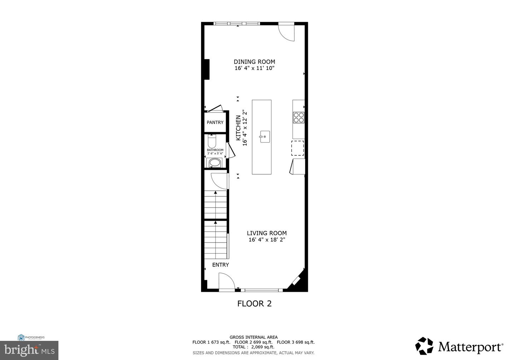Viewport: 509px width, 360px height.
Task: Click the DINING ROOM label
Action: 254,62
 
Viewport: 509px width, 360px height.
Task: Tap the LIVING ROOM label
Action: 267,233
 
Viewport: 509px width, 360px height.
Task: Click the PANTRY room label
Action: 215,122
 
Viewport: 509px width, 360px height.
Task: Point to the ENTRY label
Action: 221,265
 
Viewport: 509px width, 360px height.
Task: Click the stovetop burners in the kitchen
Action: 299,117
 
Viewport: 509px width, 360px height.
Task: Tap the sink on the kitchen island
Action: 265,137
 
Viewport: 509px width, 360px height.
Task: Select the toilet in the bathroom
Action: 212,141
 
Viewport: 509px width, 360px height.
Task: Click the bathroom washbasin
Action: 215,163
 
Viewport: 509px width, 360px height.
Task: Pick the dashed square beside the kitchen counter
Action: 297,148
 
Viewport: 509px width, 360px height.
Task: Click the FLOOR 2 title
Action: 254,303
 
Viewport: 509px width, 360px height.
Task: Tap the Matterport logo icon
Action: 424,346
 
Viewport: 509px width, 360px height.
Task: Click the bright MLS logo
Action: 29,350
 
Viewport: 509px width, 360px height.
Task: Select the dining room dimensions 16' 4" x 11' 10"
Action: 254,68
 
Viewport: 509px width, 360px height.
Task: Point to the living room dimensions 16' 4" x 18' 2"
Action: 267,240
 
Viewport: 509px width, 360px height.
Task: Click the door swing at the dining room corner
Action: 287,32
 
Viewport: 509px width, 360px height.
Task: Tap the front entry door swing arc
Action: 227,283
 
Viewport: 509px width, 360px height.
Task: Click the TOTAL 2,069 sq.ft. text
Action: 253,347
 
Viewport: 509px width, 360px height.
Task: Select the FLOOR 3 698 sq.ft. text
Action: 296,342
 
